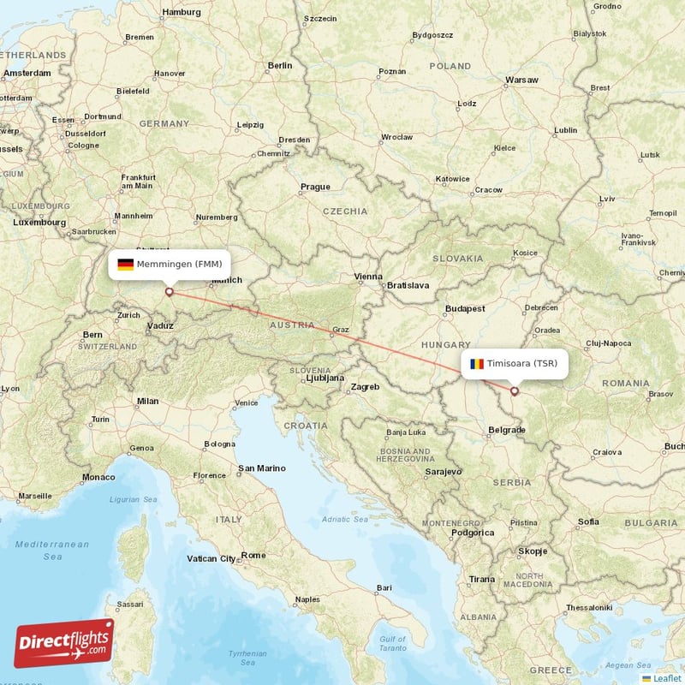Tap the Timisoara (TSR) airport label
point(522,364)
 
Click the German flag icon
point(126,264)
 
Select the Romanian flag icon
point(476,364)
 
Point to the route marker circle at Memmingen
point(169,292)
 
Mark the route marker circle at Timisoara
point(515,391)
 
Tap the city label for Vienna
point(368,277)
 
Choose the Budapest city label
point(465,308)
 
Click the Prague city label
point(315,187)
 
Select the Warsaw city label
point(521,80)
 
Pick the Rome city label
point(253,555)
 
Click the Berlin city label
point(279,65)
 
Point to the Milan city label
point(147,401)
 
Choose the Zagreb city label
point(364,387)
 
